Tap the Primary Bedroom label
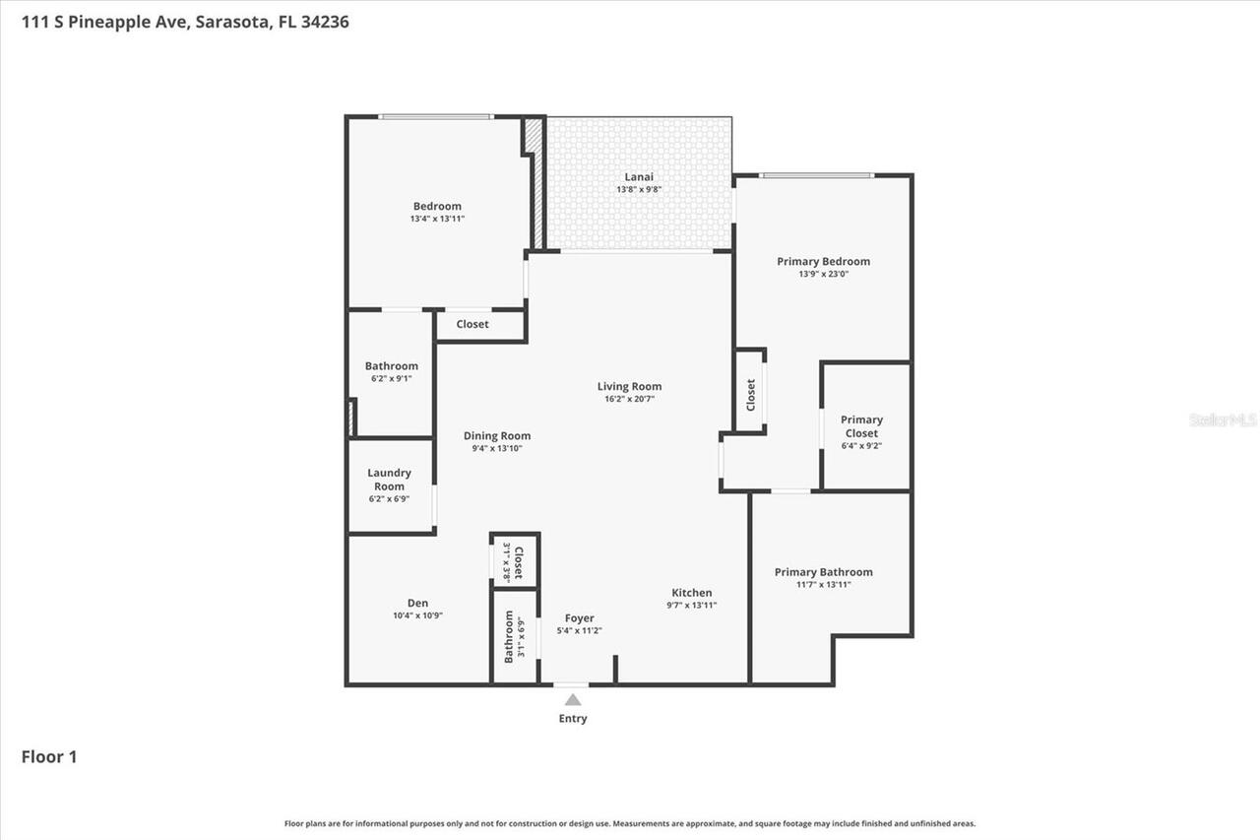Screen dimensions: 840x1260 (x=823, y=262)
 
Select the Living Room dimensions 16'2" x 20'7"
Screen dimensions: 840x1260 (x=629, y=399)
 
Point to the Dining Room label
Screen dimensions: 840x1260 (x=497, y=436)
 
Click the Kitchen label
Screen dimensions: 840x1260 (x=692, y=593)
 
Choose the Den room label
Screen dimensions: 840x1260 (x=417, y=604)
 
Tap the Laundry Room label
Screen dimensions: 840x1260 (x=389, y=480)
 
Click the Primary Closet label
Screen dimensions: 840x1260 (x=861, y=426)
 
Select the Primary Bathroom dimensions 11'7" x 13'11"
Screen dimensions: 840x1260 (x=823, y=584)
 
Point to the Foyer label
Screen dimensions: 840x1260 (x=579, y=618)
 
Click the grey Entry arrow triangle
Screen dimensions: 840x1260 (x=573, y=699)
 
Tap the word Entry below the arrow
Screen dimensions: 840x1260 (x=573, y=719)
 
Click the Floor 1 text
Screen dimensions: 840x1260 (x=49, y=756)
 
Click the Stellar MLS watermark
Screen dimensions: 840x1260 (x=1223, y=420)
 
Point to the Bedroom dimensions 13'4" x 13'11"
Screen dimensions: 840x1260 (x=437, y=219)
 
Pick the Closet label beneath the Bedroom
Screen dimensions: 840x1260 (x=472, y=324)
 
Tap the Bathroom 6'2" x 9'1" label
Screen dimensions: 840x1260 (x=392, y=366)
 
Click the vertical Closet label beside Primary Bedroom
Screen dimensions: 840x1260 (x=751, y=395)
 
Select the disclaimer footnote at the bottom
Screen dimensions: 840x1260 (x=630, y=823)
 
